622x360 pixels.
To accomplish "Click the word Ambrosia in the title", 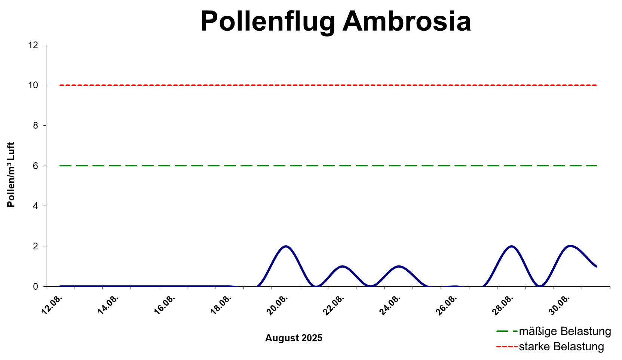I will click(407, 21).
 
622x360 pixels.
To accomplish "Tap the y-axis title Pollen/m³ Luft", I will click(11, 175).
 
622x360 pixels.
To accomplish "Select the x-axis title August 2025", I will click(294, 338).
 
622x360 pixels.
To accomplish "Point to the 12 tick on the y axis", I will click(34, 45).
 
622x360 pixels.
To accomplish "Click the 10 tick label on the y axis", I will click(34, 85).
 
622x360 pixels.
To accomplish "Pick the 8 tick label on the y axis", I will click(36, 126).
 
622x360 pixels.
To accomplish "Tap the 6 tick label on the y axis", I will click(36, 166).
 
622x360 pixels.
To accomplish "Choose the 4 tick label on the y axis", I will click(36, 206).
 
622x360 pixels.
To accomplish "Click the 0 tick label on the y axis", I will click(36, 287).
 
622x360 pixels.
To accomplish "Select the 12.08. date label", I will click(52, 305).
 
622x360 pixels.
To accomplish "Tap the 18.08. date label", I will click(221, 305).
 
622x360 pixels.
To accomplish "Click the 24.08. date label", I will click(390, 305).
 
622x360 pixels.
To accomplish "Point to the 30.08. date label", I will click(559, 305).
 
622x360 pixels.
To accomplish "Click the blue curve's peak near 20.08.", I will click(286, 246).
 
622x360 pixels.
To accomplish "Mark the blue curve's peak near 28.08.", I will click(511, 246).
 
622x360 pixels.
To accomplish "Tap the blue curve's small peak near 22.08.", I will click(342, 266).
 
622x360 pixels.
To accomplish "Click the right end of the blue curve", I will click(596, 266).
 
